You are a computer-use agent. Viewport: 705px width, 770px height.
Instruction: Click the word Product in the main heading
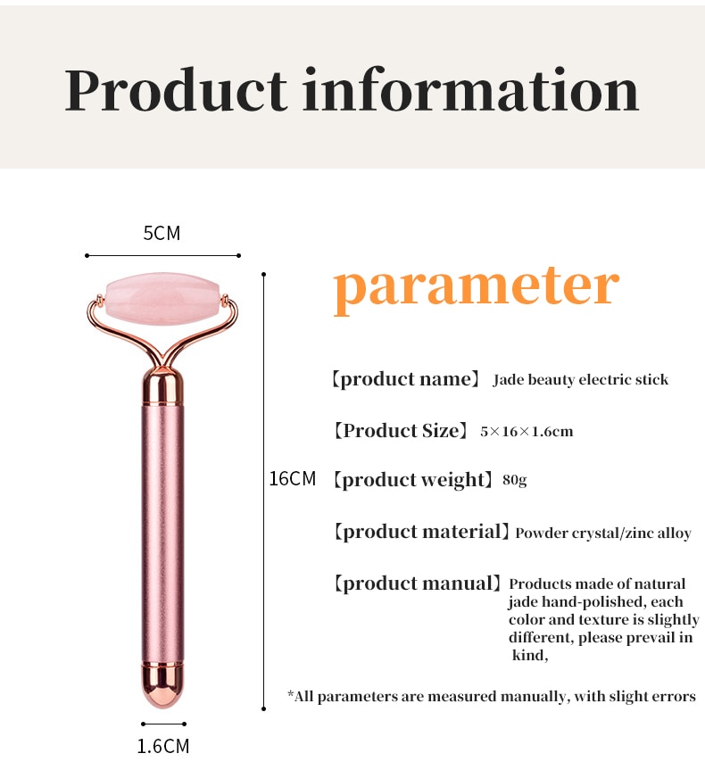[x=176, y=90]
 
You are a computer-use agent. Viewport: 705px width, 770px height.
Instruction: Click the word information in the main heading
[x=470, y=89]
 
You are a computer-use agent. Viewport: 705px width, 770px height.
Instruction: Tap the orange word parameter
[x=476, y=289]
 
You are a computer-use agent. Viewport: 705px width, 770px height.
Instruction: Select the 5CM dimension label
[x=162, y=233]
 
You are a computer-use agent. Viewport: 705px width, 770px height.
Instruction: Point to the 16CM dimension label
[x=293, y=479]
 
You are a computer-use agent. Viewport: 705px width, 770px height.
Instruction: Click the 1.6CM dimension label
[x=163, y=746]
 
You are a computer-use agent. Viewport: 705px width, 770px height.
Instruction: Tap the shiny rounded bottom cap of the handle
[x=162, y=684]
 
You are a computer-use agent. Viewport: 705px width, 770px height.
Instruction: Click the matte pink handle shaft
[x=162, y=533]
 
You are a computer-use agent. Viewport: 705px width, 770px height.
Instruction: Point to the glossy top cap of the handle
[x=162, y=387]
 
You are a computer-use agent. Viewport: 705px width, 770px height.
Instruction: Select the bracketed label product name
[x=405, y=379]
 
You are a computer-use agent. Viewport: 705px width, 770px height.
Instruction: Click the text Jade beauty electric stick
[x=581, y=379]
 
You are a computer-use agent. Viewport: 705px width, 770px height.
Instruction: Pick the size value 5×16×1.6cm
[x=527, y=432]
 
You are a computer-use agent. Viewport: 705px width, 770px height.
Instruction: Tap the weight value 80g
[x=514, y=479]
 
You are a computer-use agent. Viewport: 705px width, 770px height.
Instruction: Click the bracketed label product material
[x=421, y=532]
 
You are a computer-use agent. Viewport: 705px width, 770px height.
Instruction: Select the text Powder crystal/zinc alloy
[x=603, y=533]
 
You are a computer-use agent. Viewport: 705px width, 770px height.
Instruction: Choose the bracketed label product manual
[x=417, y=584]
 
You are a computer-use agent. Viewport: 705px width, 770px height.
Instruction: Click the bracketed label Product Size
[x=401, y=431]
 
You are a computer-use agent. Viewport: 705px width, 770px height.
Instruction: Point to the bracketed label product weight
[x=412, y=480]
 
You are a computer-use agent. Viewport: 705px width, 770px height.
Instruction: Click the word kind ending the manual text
[x=527, y=655]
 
